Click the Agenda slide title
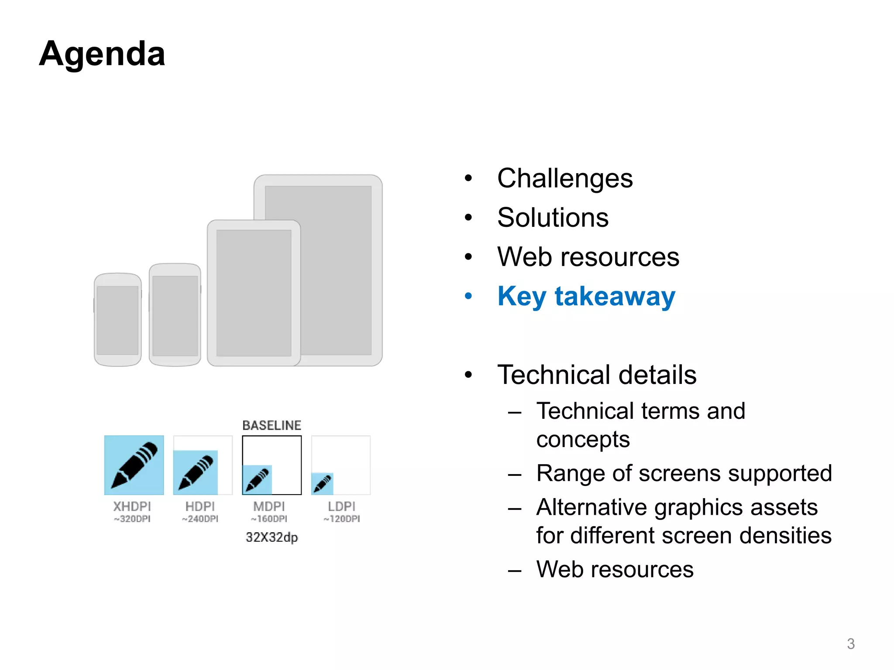[x=102, y=54]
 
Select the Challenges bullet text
[x=564, y=178]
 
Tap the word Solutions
[x=553, y=218]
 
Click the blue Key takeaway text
[x=586, y=297]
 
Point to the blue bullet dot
[x=468, y=297]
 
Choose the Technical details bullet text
[x=597, y=375]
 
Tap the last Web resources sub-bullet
[x=615, y=569]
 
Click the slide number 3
[x=850, y=644]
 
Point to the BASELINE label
[x=272, y=425]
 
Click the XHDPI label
[x=132, y=506]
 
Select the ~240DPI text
[x=200, y=519]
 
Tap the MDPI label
[x=269, y=506]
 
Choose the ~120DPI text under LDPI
[x=342, y=519]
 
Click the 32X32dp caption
[x=272, y=537]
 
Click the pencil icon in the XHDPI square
[x=134, y=465]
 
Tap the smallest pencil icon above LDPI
[x=323, y=484]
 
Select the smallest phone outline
[x=117, y=320]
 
